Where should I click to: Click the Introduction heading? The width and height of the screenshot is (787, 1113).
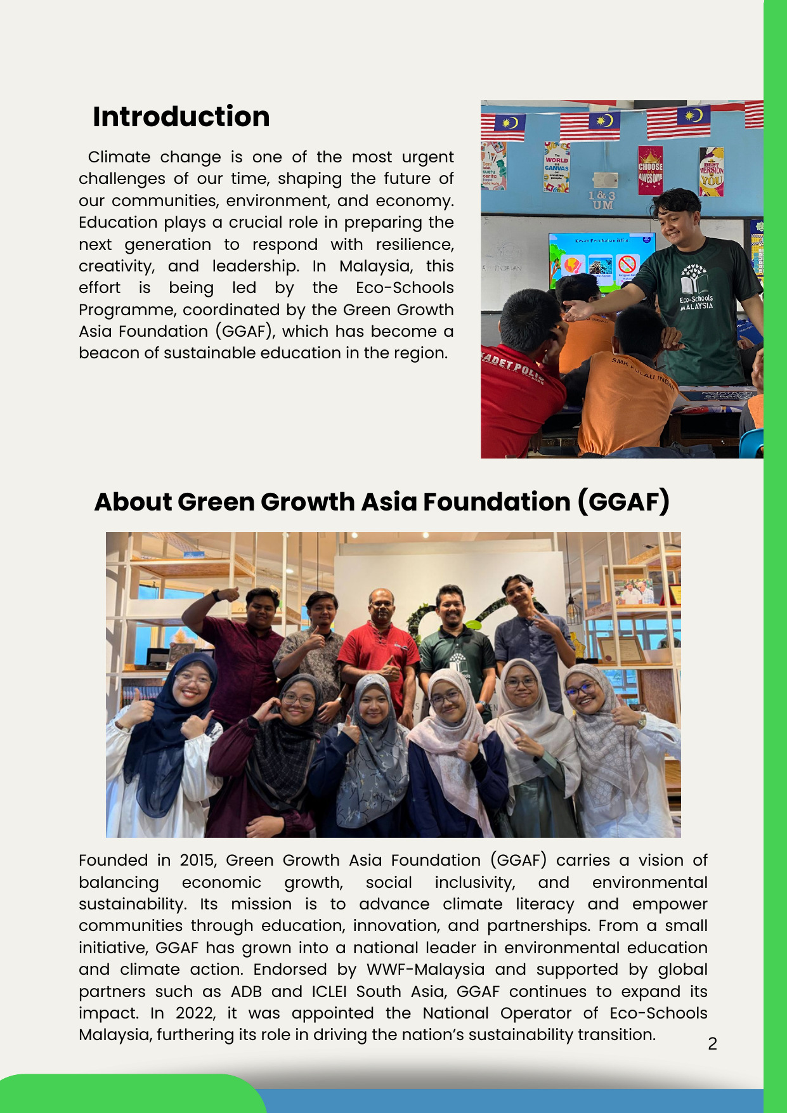[x=181, y=117]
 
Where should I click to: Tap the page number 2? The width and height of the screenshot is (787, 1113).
[x=712, y=1043]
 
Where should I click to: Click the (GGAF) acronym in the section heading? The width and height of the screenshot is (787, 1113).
[x=623, y=502]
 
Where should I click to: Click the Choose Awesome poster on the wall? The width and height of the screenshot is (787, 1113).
[x=650, y=169]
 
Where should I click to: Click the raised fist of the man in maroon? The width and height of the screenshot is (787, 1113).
[x=227, y=594]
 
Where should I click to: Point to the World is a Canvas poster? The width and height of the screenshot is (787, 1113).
[x=556, y=167]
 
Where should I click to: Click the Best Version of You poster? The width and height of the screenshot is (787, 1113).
[x=711, y=171]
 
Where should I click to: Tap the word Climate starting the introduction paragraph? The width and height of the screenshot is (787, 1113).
[x=119, y=157]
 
